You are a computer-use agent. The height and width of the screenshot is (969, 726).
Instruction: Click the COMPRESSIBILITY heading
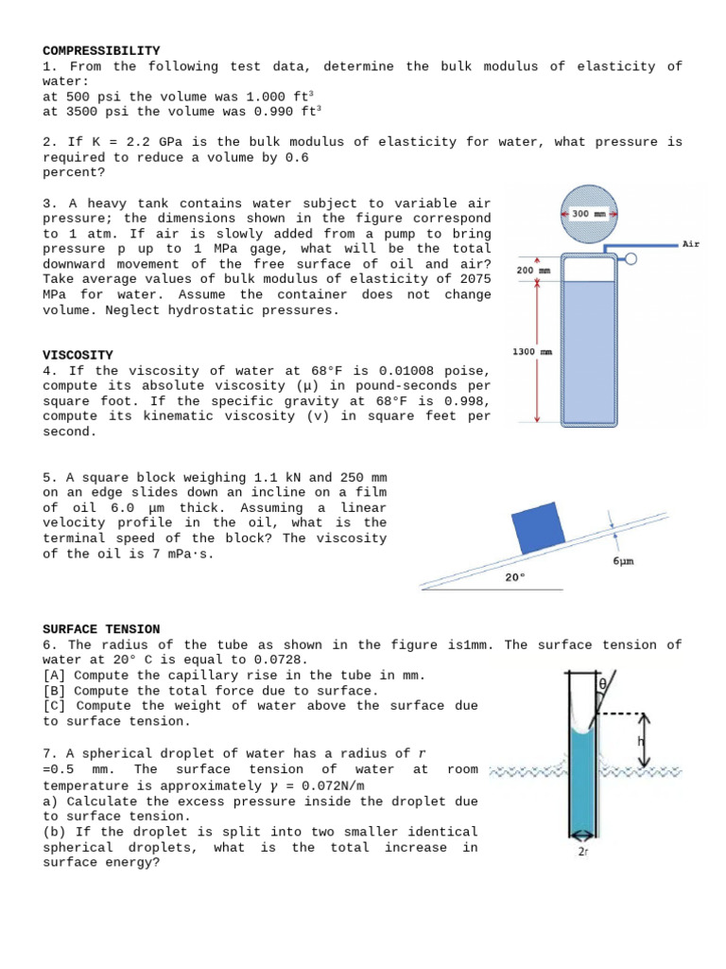tap(101, 50)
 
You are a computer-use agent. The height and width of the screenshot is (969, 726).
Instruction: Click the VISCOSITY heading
tap(78, 355)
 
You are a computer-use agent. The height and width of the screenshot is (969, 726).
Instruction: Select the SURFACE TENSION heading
tap(101, 629)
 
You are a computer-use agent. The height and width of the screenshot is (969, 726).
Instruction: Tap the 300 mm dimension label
tap(591, 214)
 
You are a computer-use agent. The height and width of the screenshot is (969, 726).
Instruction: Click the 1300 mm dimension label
tap(532, 351)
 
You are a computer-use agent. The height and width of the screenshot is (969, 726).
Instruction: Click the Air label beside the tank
tap(691, 244)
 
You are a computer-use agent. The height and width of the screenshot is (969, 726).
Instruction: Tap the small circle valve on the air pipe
tap(631, 257)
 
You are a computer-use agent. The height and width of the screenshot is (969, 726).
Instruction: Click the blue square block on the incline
tap(541, 531)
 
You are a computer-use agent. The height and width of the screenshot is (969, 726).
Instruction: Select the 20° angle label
tap(514, 576)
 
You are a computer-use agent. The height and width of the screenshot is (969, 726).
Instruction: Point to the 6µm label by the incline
tap(623, 561)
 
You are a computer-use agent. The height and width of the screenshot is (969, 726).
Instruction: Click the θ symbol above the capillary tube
tap(601, 683)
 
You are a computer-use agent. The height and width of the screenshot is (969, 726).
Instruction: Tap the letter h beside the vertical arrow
tap(640, 741)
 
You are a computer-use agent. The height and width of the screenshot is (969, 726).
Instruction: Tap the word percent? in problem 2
tap(74, 173)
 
